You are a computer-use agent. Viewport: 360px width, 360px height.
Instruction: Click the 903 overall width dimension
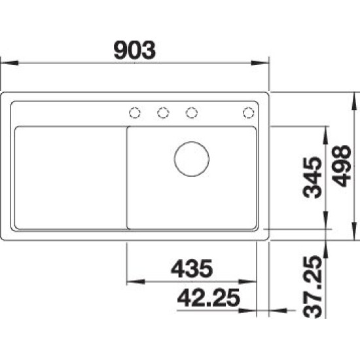[x=135, y=50]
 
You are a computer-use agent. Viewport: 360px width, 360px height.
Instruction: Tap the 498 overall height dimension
[x=342, y=166]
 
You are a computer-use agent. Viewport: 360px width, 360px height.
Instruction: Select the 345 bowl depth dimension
[x=312, y=177]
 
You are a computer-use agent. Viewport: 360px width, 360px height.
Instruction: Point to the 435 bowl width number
[x=192, y=268]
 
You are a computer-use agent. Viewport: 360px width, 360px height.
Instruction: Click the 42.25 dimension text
[x=208, y=298]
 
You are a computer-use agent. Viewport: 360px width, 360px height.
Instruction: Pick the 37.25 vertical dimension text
[x=312, y=287]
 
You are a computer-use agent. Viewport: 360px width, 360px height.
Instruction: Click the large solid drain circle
[x=192, y=159]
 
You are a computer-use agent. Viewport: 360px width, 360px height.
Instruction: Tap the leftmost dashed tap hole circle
[x=135, y=113]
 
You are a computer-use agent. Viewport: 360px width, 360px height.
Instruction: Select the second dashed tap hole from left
[x=163, y=113]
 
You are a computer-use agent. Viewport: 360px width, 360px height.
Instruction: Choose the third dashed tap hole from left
[x=192, y=113]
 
